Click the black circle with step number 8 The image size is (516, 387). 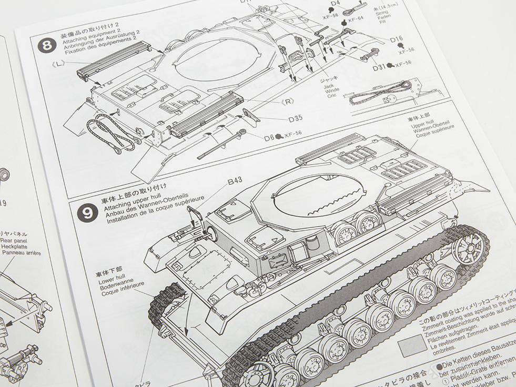tap(47, 44)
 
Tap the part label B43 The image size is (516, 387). tap(235, 182)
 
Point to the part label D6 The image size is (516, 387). tap(269, 138)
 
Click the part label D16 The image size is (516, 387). tap(396, 39)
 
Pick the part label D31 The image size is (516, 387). tap(379, 67)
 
